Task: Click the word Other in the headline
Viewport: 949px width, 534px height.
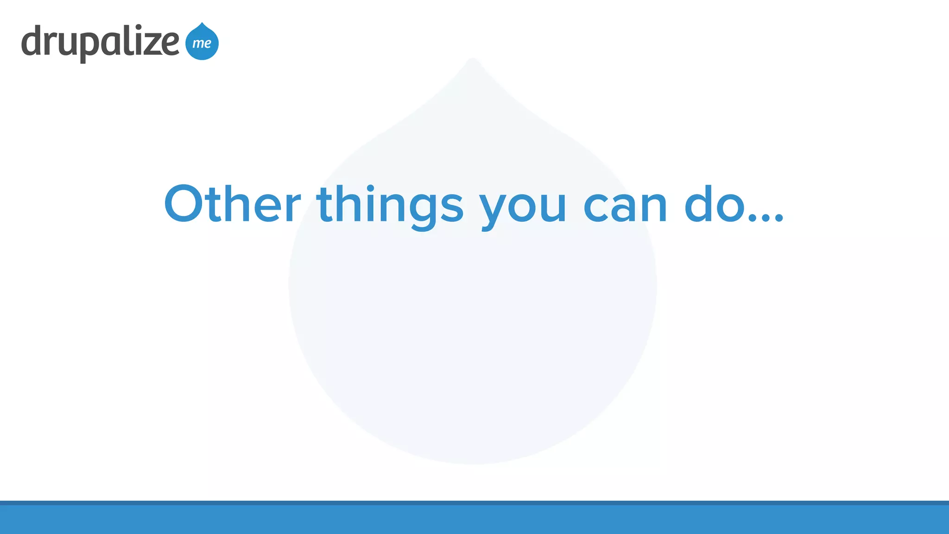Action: [232, 204]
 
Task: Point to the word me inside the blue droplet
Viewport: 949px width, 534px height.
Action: [202, 43]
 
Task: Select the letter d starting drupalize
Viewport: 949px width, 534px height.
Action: [32, 41]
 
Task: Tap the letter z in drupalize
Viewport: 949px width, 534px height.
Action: [148, 44]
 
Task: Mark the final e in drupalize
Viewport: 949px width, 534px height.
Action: [169, 44]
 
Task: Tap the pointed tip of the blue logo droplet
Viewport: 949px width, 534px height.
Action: [202, 23]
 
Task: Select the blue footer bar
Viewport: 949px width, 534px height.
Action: [474, 519]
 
